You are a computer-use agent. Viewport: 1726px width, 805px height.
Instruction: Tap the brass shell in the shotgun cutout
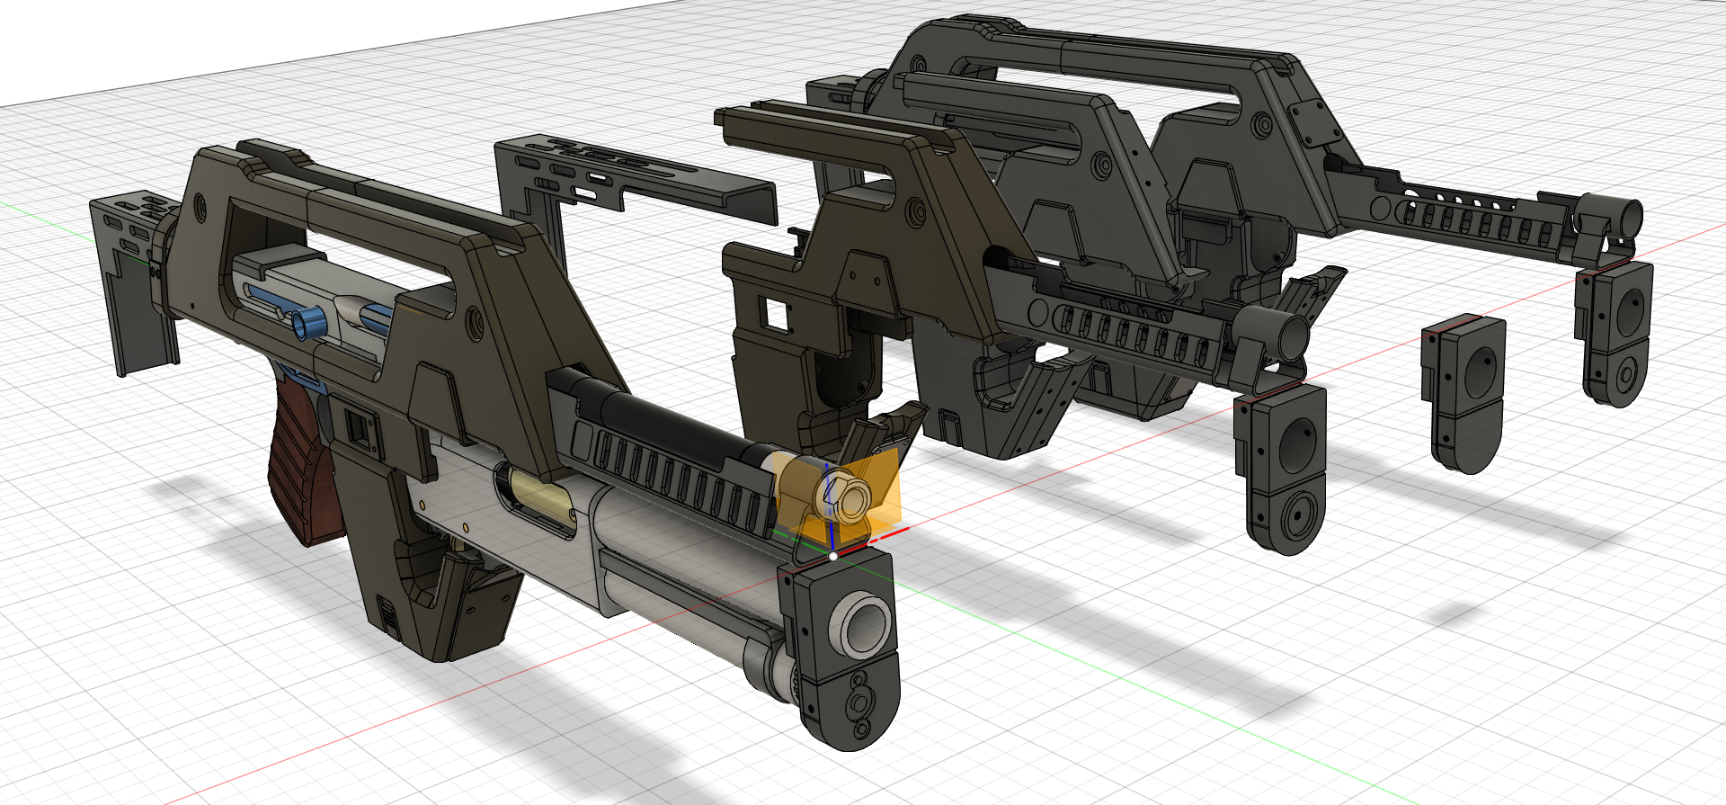[x=539, y=497]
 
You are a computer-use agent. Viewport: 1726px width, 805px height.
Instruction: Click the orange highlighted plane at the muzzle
[x=876, y=490]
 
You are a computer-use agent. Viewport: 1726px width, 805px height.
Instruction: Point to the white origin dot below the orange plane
[x=833, y=557]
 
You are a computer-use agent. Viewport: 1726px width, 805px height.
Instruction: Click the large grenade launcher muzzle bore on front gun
[x=861, y=623]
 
